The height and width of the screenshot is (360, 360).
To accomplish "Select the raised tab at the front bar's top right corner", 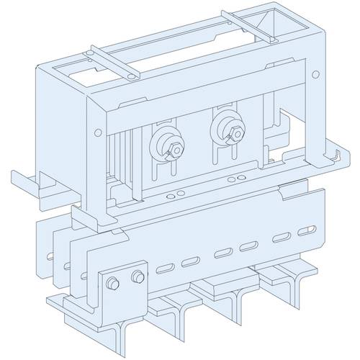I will [294, 190].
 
